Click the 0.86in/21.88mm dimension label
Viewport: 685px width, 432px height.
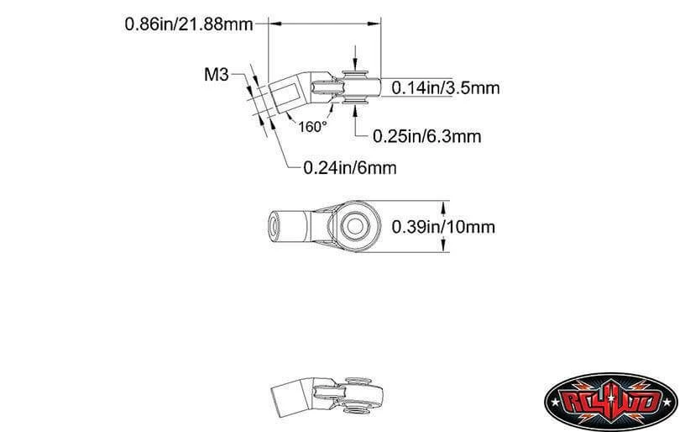pyautogui.click(x=189, y=24)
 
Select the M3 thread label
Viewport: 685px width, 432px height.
pyautogui.click(x=217, y=75)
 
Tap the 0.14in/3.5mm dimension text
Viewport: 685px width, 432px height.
pyautogui.click(x=445, y=88)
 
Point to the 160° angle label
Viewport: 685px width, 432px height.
pyautogui.click(x=312, y=127)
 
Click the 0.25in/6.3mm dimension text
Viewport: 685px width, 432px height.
pyautogui.click(x=426, y=136)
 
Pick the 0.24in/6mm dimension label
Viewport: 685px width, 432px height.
pyautogui.click(x=350, y=168)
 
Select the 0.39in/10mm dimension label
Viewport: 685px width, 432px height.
pyautogui.click(x=443, y=227)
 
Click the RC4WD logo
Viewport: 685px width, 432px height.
pyautogui.click(x=611, y=402)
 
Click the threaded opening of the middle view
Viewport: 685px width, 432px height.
pyautogui.click(x=275, y=226)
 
